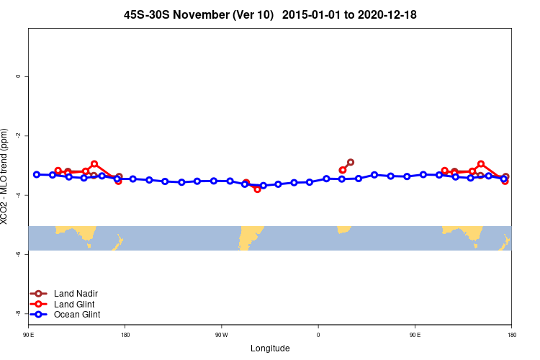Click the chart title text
tap(270, 14)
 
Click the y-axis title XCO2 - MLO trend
tap(6, 176)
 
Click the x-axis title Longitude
tap(270, 348)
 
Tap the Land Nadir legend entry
tap(76, 294)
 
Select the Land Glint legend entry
tap(75, 305)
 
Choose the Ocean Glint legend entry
tap(77, 315)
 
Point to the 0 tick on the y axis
tap(17, 76)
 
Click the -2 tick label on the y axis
tap(17, 135)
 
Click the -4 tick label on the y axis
tap(17, 195)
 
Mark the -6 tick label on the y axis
tap(17, 254)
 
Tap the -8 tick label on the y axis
tap(17, 313)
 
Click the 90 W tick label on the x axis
tap(221, 335)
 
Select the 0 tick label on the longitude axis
tap(318, 335)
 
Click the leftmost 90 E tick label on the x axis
tap(28, 335)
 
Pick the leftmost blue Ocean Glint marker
tap(37, 174)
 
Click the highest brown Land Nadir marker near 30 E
tap(351, 162)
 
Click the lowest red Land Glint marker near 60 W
tap(257, 189)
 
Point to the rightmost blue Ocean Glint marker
tap(504, 178)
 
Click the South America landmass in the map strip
tap(251, 235)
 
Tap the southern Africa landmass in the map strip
tap(343, 229)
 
